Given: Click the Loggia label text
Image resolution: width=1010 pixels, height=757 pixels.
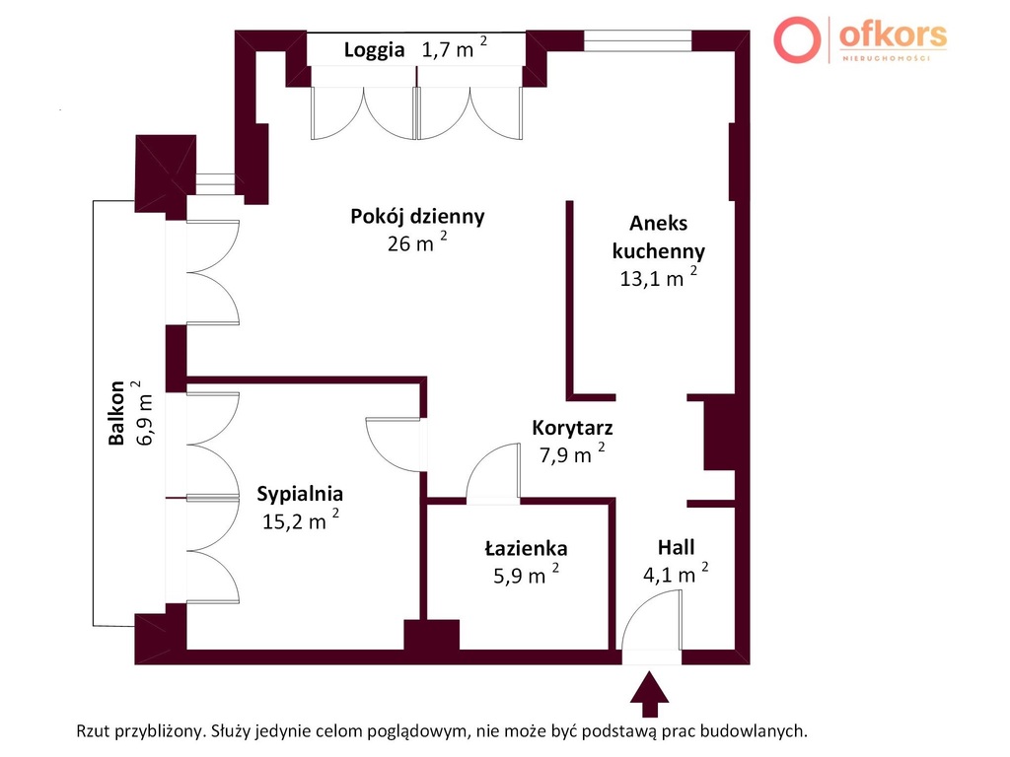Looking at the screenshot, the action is point(374,50).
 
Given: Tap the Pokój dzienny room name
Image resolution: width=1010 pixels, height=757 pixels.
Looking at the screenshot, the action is point(417,216).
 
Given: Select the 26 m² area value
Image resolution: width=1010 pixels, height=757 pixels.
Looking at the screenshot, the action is point(417,242).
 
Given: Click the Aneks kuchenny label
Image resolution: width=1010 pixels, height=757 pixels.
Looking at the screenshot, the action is point(658,237).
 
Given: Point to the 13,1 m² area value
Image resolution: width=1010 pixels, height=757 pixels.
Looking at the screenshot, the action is point(658,277).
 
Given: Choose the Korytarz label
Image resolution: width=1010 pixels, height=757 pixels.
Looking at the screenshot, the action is point(572,428).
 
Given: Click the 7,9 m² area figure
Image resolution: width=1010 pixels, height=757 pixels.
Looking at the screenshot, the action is point(572,453).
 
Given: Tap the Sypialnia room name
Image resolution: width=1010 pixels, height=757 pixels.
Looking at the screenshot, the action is point(300,494).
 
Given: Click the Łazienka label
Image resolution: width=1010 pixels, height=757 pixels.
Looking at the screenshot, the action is point(526,548).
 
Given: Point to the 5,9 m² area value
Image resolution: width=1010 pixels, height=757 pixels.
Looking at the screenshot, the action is point(526,575).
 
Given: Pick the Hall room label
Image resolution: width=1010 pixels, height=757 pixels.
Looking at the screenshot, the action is point(676,547).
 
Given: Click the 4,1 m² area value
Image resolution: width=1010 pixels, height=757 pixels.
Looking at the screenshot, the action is point(676,573).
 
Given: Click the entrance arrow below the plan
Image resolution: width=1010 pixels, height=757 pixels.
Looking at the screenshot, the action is point(649,694).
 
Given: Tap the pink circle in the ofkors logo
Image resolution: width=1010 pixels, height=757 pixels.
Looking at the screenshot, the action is point(797,39).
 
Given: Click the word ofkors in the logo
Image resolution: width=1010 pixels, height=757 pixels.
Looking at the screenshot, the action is point(893,34).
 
